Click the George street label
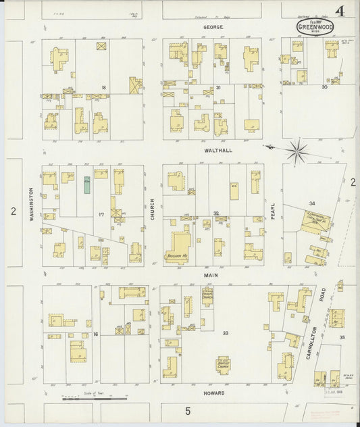point(213,28)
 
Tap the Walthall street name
point(213,151)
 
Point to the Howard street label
point(213,393)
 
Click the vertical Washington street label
point(31,205)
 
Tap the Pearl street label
point(274,215)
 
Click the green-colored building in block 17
point(87,184)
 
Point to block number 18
point(104,88)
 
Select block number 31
point(218,88)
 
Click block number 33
point(226,332)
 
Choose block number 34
point(312,203)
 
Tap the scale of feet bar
point(88,398)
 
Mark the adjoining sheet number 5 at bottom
point(188,409)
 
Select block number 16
point(96,334)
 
